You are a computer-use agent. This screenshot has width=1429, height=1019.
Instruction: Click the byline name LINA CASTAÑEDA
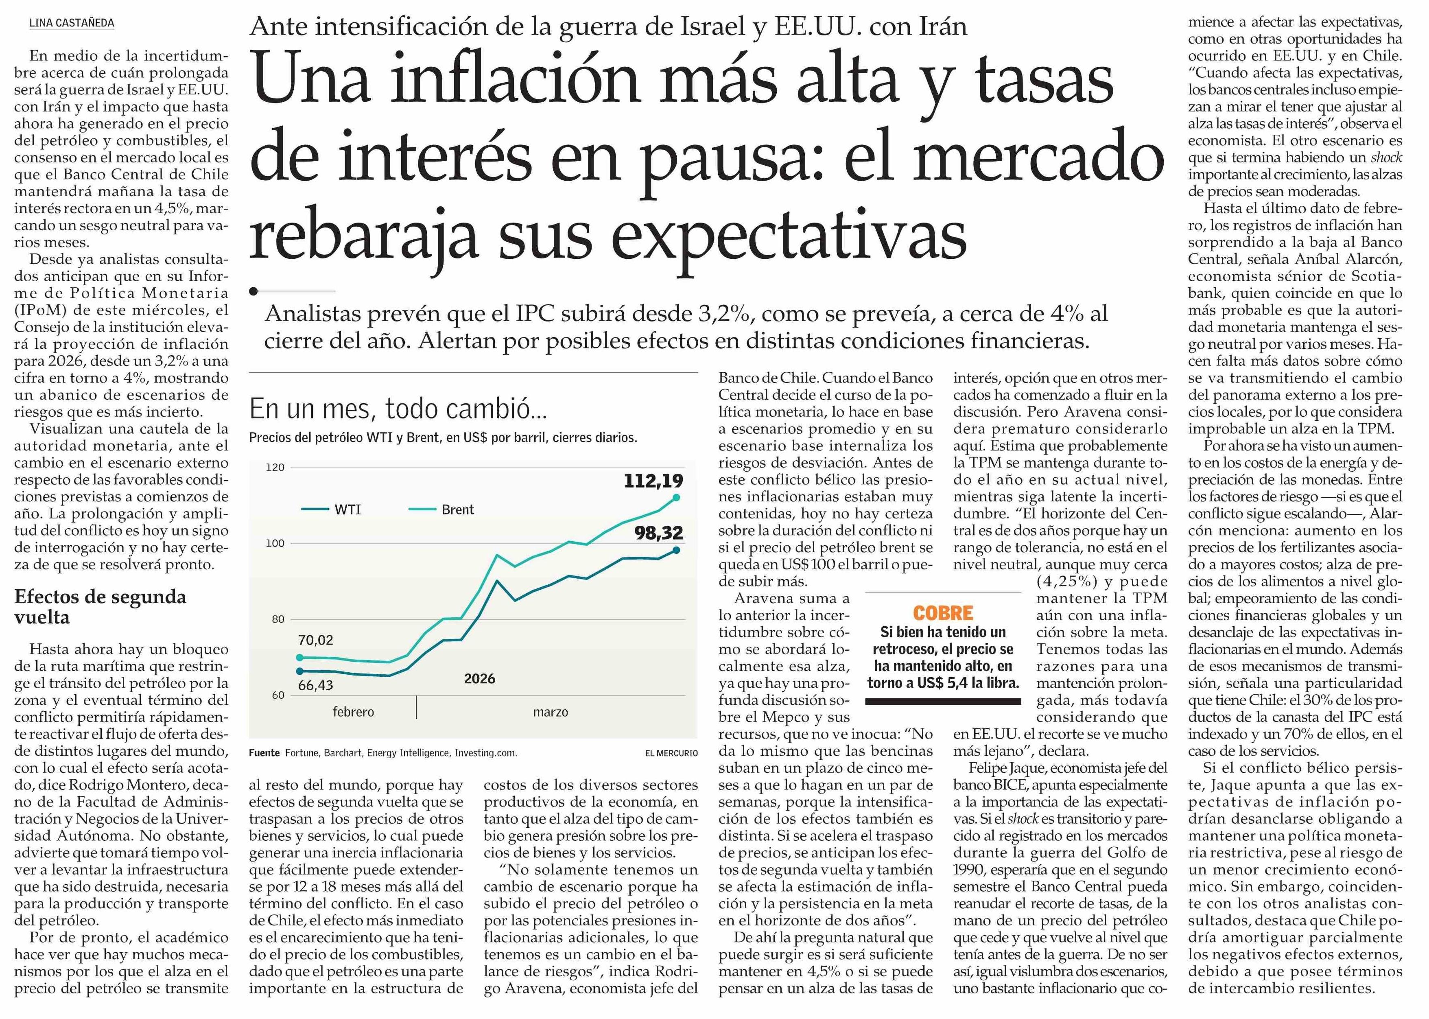[72, 23]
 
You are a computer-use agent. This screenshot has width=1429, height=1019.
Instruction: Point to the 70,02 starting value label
[315, 640]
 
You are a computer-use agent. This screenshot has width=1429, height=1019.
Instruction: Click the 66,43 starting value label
[315, 685]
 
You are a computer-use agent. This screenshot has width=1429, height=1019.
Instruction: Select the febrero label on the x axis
[353, 712]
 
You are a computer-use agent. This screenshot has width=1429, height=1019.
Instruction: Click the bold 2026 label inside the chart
[479, 679]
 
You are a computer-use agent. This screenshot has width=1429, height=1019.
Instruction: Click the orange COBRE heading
[943, 613]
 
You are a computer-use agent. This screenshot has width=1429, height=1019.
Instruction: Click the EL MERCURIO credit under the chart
[671, 753]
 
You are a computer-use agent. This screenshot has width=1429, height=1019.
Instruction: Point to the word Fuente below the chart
[264, 753]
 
